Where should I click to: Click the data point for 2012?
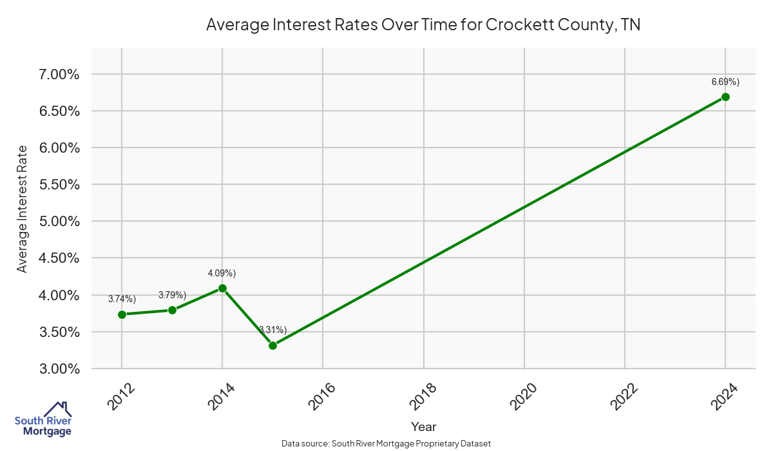tap(122, 314)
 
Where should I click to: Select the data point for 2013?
tap(172, 310)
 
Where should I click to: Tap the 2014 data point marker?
tap(222, 288)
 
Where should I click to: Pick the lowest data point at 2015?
tap(272, 345)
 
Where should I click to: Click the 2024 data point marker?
tap(725, 97)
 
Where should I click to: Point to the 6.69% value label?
tap(725, 82)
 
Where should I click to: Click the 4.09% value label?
tap(222, 273)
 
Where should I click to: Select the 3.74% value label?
tap(122, 299)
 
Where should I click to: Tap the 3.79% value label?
tap(172, 295)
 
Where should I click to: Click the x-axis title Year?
tap(423, 427)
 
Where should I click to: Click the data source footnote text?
tap(386, 444)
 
